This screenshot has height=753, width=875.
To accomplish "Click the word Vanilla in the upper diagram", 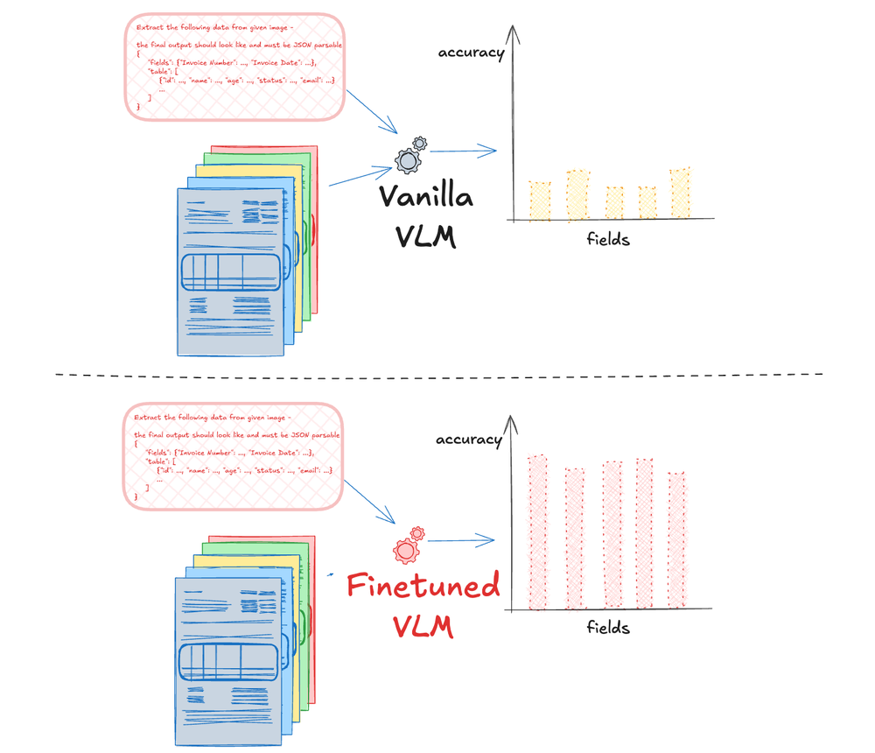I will point(426,196).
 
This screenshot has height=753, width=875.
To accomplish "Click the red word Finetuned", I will point(423,585).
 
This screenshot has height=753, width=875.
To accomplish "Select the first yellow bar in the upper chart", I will point(540,201).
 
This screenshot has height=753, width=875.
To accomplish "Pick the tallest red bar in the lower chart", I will point(536,532).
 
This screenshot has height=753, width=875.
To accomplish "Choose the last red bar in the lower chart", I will point(676,540).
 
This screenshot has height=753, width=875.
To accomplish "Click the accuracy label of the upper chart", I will point(472,53).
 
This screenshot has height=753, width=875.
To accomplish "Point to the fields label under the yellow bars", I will point(608,238).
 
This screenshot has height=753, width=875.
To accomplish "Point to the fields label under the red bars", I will point(608,627).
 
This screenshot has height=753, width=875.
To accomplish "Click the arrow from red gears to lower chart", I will point(461,540).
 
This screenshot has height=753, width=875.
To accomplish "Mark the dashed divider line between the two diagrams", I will point(437,375).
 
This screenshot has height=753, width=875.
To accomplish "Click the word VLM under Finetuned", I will point(423,625).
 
